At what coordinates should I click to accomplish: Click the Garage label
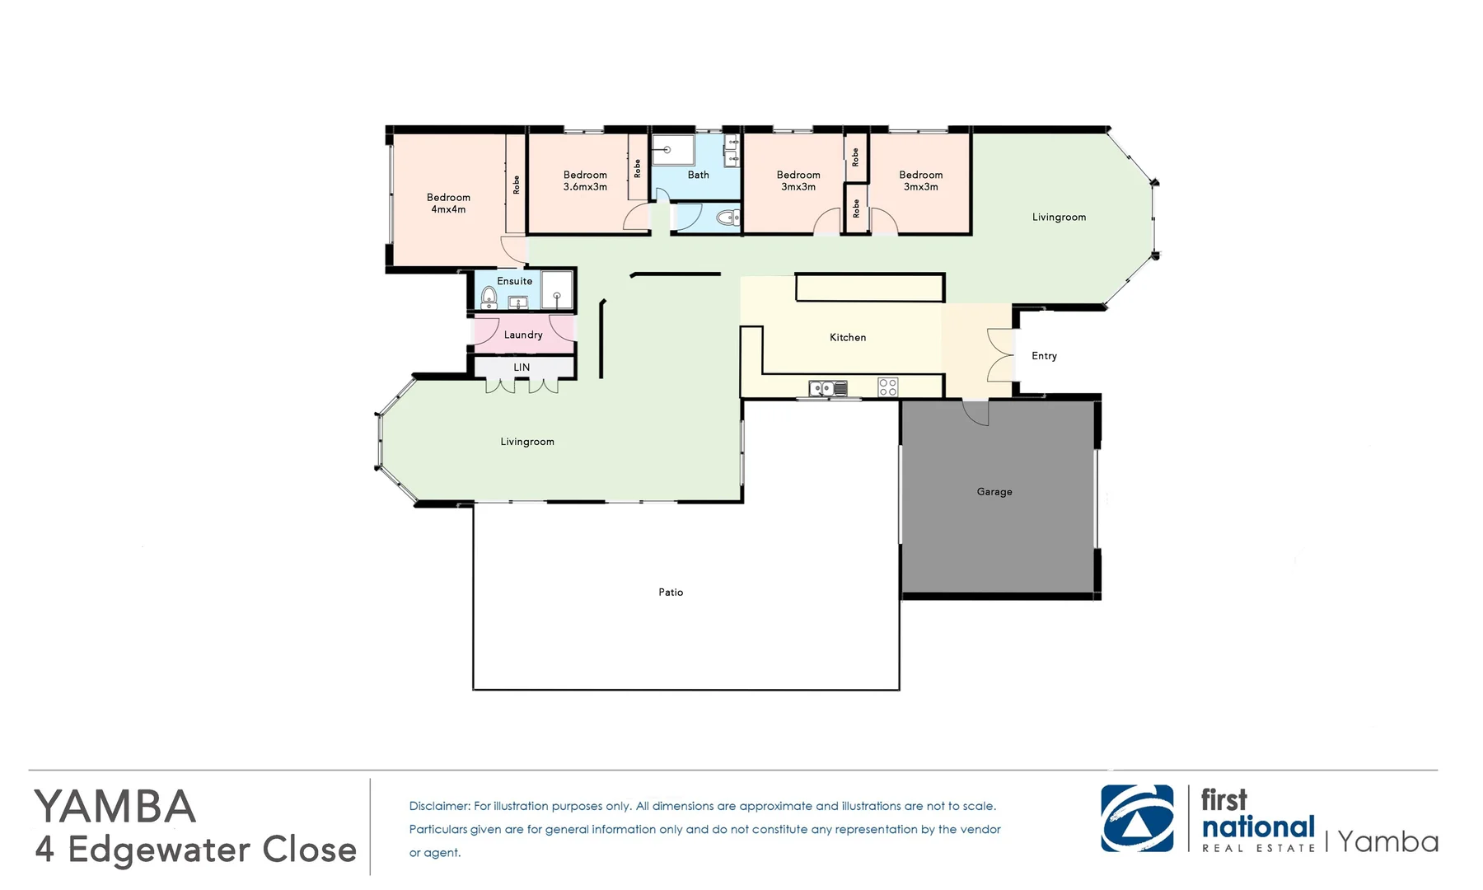(994, 492)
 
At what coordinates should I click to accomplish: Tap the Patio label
(671, 593)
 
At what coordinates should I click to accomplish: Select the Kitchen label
(848, 337)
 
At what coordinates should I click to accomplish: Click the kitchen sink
(828, 387)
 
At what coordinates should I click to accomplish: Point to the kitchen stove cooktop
(887, 386)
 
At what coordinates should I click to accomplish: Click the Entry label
(1044, 356)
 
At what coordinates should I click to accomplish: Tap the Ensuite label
(515, 281)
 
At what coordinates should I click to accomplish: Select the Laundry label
(523, 335)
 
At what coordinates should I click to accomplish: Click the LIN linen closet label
(522, 368)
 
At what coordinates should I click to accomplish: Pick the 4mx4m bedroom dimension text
(448, 209)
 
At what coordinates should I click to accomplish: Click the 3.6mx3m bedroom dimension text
(585, 187)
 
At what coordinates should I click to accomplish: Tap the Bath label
(699, 175)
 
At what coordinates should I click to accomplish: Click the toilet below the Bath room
(725, 218)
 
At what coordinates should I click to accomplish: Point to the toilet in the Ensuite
(489, 297)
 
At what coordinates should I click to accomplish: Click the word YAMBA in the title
(115, 807)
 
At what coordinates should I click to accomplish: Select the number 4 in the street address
(45, 850)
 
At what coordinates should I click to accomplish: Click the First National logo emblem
(1138, 818)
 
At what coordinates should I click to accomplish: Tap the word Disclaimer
(439, 806)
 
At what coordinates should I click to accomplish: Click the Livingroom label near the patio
(527, 442)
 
